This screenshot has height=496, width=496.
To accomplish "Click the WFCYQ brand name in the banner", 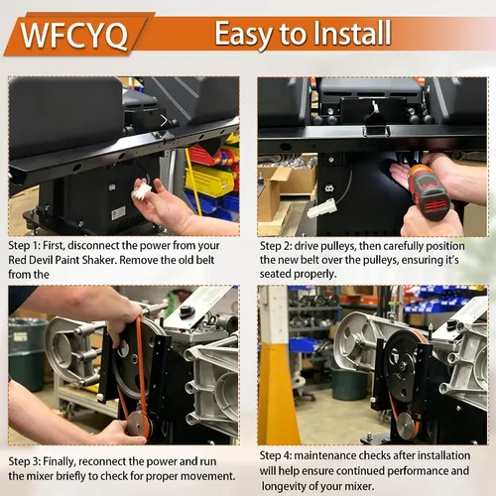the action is point(74,36).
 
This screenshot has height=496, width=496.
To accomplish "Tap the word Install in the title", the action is point(351,33).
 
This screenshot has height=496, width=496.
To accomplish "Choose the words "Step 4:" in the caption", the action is point(276,455).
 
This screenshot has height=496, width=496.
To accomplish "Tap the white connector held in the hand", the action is point(142,190).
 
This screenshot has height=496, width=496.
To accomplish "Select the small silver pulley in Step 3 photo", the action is point(139,424).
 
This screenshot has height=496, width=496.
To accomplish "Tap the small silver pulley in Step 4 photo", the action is point(407,425).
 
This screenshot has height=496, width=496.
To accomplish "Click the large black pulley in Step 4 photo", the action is point(404,367).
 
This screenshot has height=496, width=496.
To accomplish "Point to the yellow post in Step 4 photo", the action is point(277,394).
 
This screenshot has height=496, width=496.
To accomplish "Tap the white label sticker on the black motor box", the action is point(118,213).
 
